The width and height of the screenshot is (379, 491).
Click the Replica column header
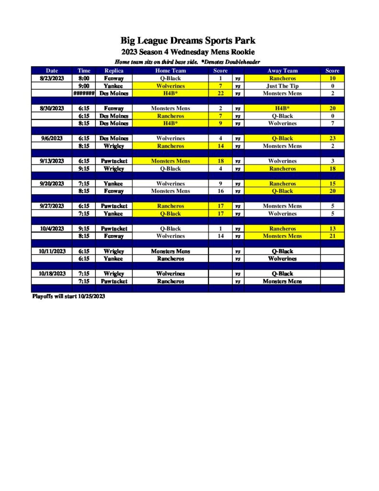pos(114,70)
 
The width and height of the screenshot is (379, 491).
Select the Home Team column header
pos(170,70)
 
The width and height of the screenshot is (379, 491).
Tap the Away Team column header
pos(282,70)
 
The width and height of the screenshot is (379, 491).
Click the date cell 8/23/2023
pos(52,78)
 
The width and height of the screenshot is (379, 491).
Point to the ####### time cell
pos(84,94)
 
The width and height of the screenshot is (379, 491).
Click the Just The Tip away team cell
pos(282,86)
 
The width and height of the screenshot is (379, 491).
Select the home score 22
pos(220,94)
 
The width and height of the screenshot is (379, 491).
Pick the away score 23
pos(332,139)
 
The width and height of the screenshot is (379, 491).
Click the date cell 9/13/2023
pos(52,161)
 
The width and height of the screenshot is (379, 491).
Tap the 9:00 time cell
pos(84,86)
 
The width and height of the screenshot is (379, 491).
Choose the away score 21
pos(332,236)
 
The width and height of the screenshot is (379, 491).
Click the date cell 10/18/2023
pos(52,274)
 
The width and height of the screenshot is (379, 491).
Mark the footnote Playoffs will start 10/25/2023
pos(69,296)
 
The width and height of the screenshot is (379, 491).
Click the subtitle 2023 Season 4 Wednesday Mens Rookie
pos(188,52)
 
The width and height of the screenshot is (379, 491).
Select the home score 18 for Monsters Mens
pos(220,161)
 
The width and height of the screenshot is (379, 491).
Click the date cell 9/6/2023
pos(52,139)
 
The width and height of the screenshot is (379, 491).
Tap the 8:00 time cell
pos(84,78)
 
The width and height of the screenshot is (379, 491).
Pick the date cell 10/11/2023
pos(52,251)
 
